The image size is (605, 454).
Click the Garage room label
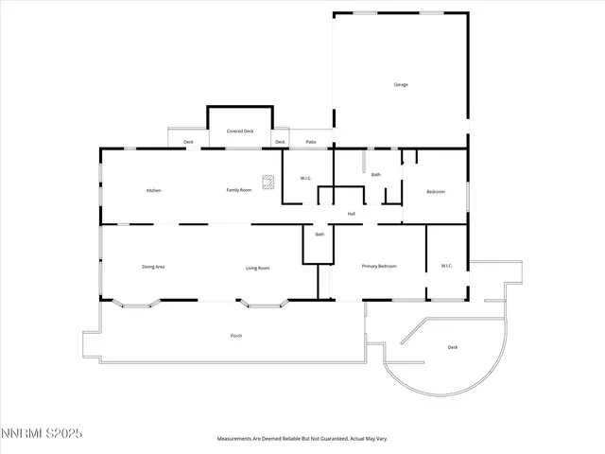click(401, 85)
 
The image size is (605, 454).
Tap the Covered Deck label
click(239, 131)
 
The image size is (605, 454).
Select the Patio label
click(311, 143)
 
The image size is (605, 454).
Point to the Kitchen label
click(153, 191)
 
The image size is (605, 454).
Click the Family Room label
click(238, 190)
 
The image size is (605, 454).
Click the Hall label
click(352, 214)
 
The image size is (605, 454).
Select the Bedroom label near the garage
click(435, 192)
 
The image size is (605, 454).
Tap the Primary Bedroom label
click(379, 267)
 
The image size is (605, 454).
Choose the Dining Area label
click(153, 268)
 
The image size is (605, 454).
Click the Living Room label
click(258, 269)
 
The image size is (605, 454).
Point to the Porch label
click(235, 336)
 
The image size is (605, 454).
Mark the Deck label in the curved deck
click(453, 347)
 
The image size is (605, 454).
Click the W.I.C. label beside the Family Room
click(306, 179)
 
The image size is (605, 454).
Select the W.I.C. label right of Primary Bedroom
click(447, 266)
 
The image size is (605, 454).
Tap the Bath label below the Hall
click(320, 235)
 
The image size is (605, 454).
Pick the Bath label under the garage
click(375, 175)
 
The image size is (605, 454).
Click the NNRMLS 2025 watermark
click(42, 433)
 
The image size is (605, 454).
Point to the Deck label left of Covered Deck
click(188, 143)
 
